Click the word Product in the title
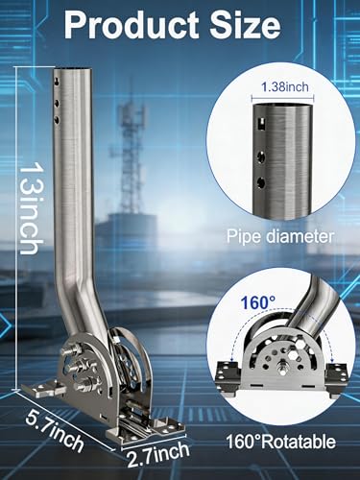[x=132, y=25]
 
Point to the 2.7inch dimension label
[x=158, y=453]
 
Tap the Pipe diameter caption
[x=280, y=237]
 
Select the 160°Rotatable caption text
[x=281, y=442]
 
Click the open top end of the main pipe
[x=76, y=68]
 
